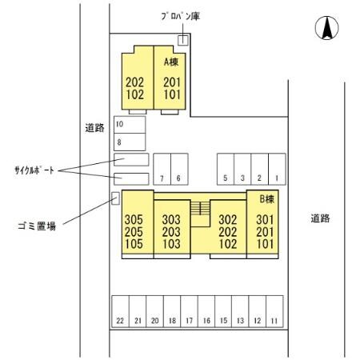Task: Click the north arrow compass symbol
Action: tap(326, 28)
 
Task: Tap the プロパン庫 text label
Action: tap(178, 16)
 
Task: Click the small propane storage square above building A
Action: tap(183, 40)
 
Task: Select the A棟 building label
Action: tap(171, 62)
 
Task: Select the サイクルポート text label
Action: tap(34, 170)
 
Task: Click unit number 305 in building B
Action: tap(134, 218)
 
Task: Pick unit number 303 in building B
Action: tap(170, 218)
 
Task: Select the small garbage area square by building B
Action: tap(114, 198)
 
